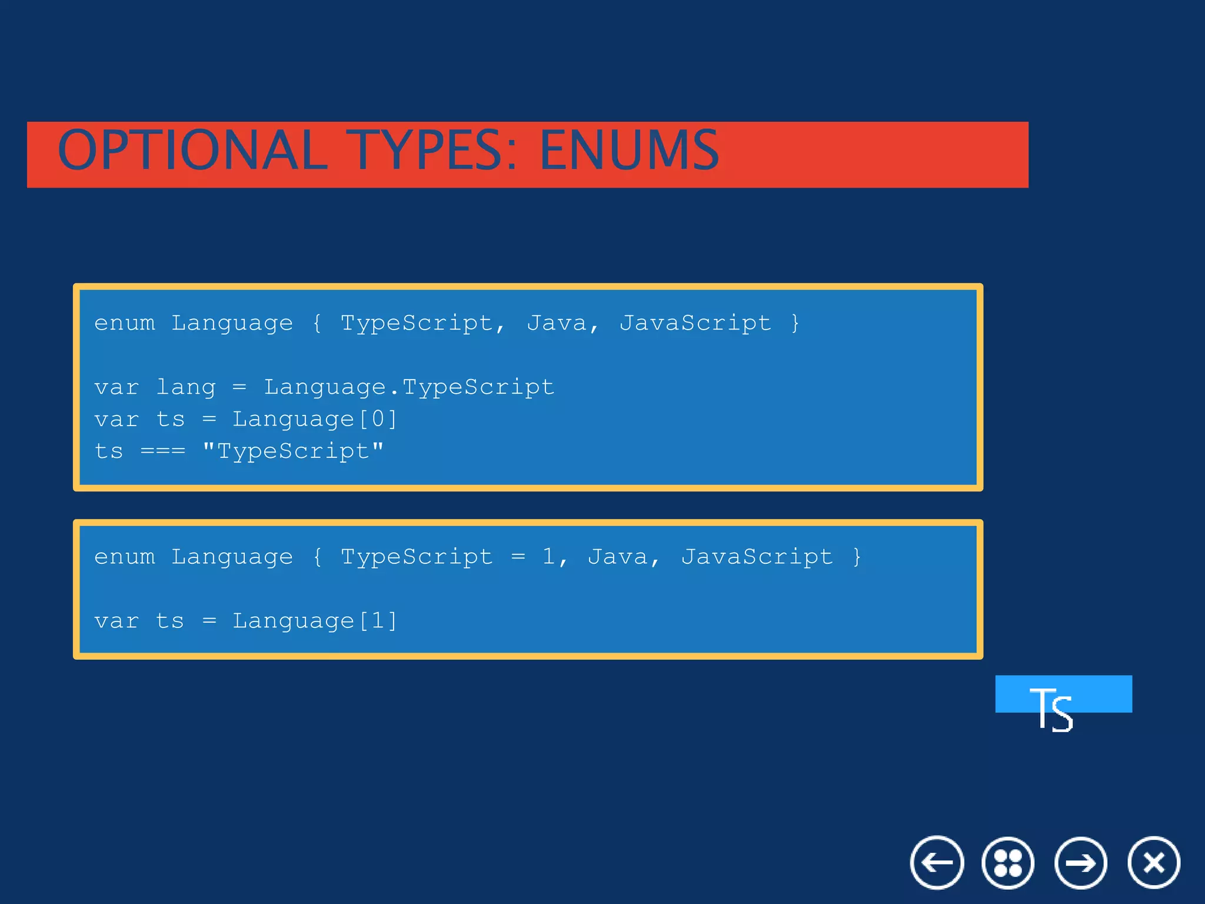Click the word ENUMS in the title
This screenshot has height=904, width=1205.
click(629, 151)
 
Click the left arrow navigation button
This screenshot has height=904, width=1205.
click(937, 863)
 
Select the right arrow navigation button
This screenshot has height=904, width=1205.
click(1081, 863)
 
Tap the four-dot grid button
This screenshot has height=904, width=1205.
click(1008, 863)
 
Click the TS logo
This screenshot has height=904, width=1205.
click(1053, 706)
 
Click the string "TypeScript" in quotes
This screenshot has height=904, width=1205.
click(293, 451)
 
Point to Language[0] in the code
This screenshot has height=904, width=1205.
click(315, 420)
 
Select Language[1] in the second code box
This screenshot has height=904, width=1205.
click(315, 621)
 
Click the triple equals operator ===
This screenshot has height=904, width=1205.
click(163, 451)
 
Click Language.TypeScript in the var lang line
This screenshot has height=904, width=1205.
click(409, 387)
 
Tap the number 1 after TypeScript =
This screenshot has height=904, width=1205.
click(549, 557)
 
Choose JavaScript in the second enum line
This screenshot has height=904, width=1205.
click(757, 557)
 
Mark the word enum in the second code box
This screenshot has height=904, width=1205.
click(125, 557)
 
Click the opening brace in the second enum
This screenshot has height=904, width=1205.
click(317, 557)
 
